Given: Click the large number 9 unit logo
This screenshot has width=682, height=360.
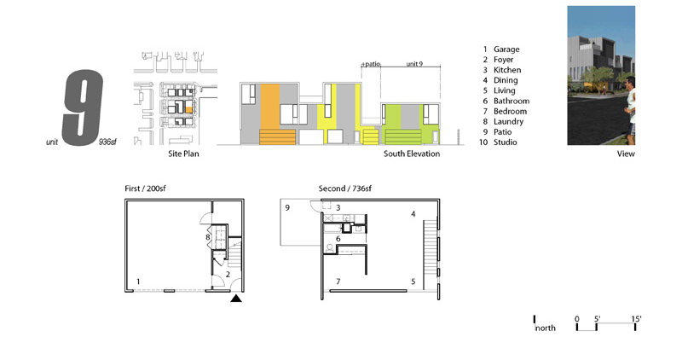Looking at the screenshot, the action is pyautogui.click(x=83, y=107).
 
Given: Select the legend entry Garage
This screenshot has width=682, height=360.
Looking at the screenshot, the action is pyautogui.click(x=506, y=49).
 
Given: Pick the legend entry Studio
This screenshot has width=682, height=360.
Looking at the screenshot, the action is pyautogui.click(x=505, y=142).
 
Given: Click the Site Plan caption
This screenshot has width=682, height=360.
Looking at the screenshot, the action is pyautogui.click(x=183, y=154).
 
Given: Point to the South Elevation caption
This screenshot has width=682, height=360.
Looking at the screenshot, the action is pyautogui.click(x=412, y=154).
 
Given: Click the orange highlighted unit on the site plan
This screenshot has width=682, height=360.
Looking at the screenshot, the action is pyautogui.click(x=188, y=110).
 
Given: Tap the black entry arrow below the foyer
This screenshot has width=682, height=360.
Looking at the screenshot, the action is pyautogui.click(x=236, y=299).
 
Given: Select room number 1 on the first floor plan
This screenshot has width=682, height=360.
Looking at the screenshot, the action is pyautogui.click(x=138, y=282).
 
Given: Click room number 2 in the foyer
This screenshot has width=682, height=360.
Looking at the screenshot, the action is pyautogui.click(x=228, y=275).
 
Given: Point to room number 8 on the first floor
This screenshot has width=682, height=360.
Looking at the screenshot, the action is pyautogui.click(x=208, y=237).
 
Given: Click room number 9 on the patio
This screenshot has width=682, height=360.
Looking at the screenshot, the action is pyautogui.click(x=287, y=207).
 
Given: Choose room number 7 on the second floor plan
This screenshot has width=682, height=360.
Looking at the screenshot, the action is pyautogui.click(x=338, y=282).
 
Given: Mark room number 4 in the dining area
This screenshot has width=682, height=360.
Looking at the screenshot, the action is pyautogui.click(x=413, y=214).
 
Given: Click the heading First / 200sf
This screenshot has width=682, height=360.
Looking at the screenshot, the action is pyautogui.click(x=145, y=189).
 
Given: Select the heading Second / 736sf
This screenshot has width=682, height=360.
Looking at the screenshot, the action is pyautogui.click(x=345, y=189).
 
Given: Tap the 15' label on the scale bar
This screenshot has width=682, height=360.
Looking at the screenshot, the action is pyautogui.click(x=636, y=319).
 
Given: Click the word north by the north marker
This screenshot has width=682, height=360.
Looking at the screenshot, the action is pyautogui.click(x=546, y=328).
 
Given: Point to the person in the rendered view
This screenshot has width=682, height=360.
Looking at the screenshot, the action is pyautogui.click(x=630, y=110).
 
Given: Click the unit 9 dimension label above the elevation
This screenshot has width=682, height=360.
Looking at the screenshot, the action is pyautogui.click(x=414, y=64).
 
